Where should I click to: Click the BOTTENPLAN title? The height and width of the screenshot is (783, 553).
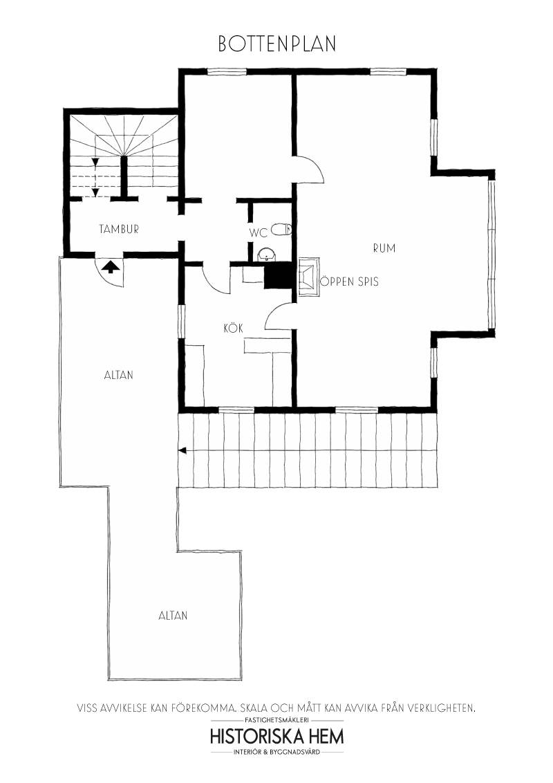(x=277, y=44)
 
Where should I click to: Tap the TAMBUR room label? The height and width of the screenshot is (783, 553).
(x=119, y=229)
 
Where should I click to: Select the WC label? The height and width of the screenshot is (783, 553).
(x=259, y=232)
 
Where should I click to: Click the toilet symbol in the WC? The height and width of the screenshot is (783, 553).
(x=282, y=229)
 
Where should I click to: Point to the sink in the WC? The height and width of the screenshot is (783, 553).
(x=268, y=255)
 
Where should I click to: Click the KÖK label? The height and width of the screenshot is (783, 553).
(x=234, y=329)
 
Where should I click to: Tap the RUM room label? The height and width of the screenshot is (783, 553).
(x=384, y=248)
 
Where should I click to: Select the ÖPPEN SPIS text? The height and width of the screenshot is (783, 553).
(x=350, y=282)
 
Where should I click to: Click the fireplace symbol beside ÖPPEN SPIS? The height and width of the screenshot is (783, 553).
(x=309, y=277)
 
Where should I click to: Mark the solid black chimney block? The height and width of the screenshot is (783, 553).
(x=277, y=276)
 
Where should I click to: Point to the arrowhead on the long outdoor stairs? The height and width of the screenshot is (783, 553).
(x=182, y=450)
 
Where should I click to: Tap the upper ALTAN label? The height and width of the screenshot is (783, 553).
(x=119, y=374)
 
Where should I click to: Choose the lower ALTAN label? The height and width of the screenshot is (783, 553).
(x=174, y=616)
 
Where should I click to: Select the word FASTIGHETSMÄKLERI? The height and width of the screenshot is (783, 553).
(x=277, y=721)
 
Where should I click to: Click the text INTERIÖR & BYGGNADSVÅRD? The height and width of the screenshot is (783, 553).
(x=277, y=752)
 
